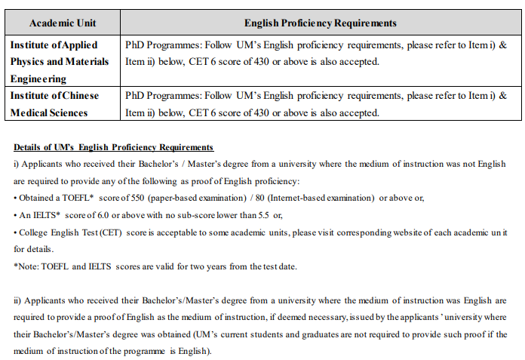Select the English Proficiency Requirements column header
[x=321, y=23]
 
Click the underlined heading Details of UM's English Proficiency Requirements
[x=114, y=146]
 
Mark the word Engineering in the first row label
[x=38, y=78]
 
